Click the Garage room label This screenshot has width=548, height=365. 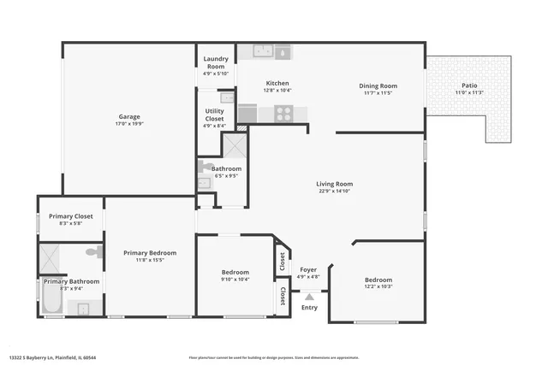pyautogui.click(x=129, y=117)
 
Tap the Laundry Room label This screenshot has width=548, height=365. pyautogui.click(x=215, y=62)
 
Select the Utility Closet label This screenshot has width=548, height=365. pyautogui.click(x=215, y=115)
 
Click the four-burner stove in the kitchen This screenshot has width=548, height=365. pyautogui.click(x=283, y=113)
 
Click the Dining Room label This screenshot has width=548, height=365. pyautogui.click(x=378, y=85)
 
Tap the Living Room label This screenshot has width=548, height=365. pyautogui.click(x=335, y=184)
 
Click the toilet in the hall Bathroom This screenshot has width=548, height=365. pyautogui.click(x=205, y=167)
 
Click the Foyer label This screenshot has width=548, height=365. pyautogui.click(x=308, y=270)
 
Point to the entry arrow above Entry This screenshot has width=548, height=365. pyautogui.click(x=309, y=297)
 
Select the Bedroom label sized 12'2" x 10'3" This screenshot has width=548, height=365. pyautogui.click(x=378, y=280)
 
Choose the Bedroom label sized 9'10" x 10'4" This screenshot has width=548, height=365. pyautogui.click(x=235, y=273)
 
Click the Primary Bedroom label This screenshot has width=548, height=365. pyautogui.click(x=150, y=253)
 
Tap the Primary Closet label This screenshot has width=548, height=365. pyautogui.click(x=70, y=216)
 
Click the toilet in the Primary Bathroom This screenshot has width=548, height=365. pyautogui.click(x=97, y=252)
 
